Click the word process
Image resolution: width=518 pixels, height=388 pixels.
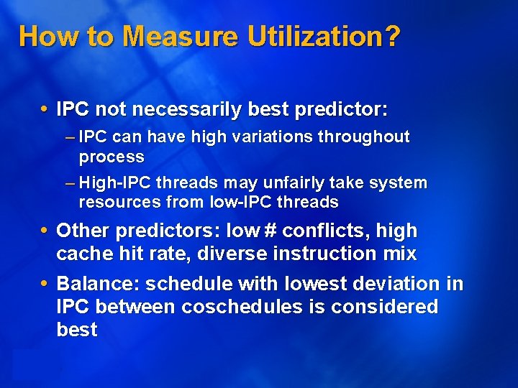point(112,157)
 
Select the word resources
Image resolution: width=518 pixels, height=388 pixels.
point(115,203)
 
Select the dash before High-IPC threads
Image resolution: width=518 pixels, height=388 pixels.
point(69,183)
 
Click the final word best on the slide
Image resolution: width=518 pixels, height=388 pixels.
point(76,330)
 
